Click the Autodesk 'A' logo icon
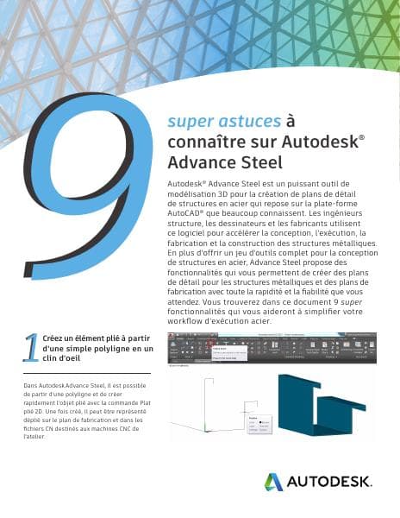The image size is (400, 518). tap(274, 482)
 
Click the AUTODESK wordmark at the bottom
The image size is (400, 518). tap(329, 482)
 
